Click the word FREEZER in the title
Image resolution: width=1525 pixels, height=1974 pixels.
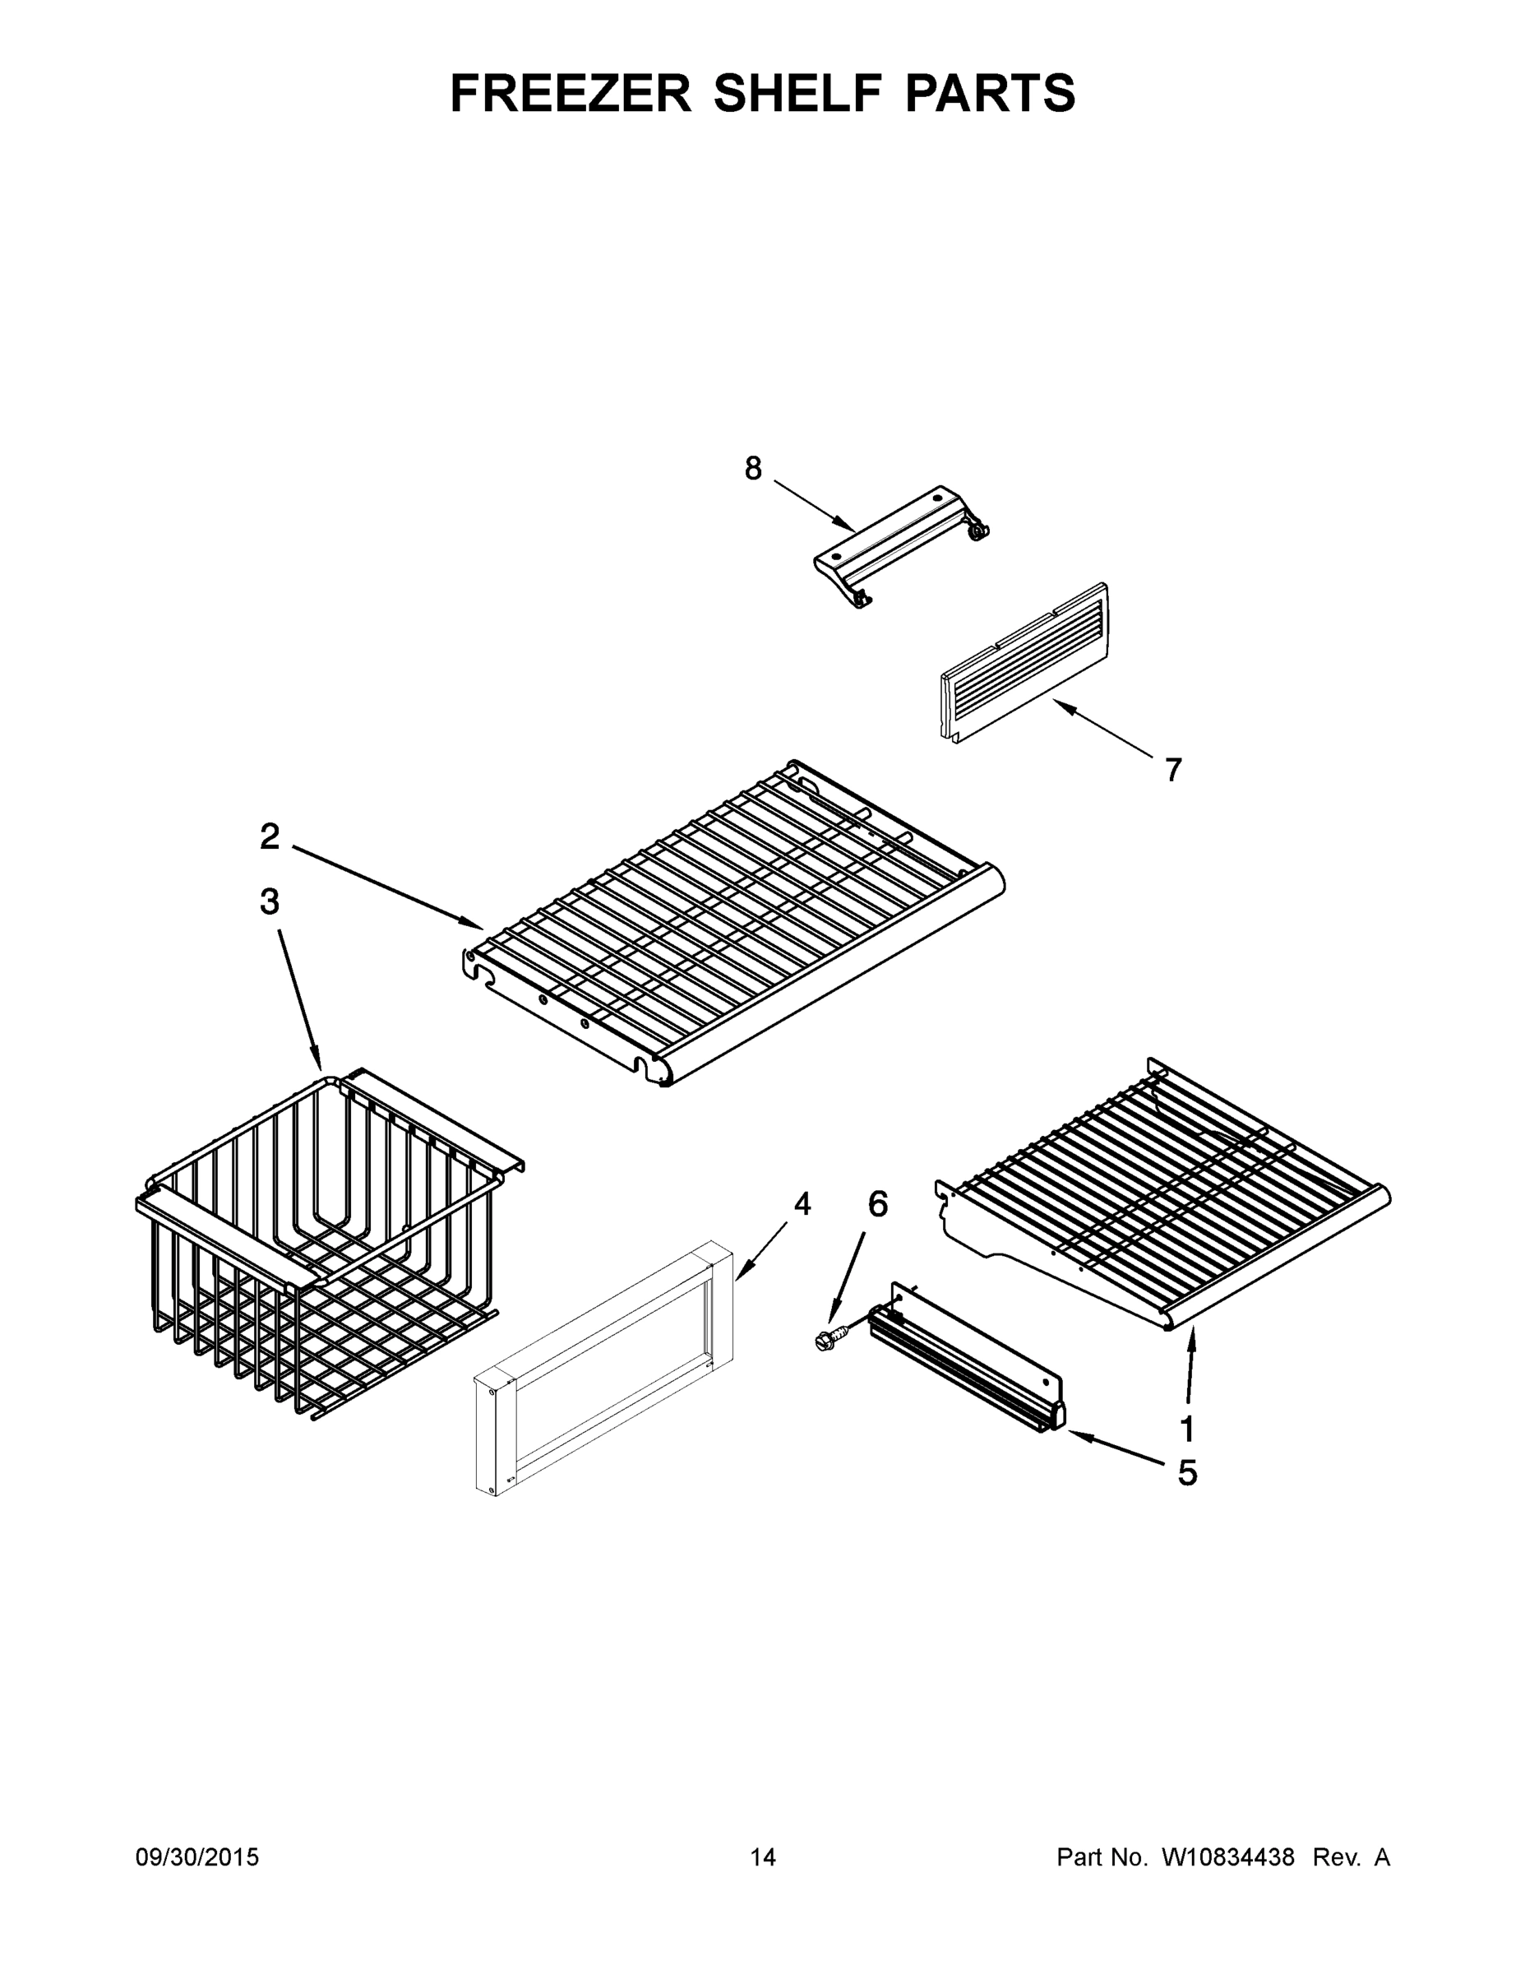point(571,93)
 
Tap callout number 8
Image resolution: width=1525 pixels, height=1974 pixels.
point(752,468)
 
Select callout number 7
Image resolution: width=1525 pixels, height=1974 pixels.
point(1172,770)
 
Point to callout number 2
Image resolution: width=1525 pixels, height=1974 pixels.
point(269,837)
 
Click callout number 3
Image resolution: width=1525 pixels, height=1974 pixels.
point(269,901)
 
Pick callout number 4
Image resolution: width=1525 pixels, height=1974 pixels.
point(802,1204)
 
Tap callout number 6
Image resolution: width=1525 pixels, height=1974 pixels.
point(877,1204)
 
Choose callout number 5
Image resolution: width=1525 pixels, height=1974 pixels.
point(1187,1473)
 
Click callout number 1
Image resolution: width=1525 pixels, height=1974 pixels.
point(1187,1429)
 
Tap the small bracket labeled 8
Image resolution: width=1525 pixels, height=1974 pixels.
point(900,545)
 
